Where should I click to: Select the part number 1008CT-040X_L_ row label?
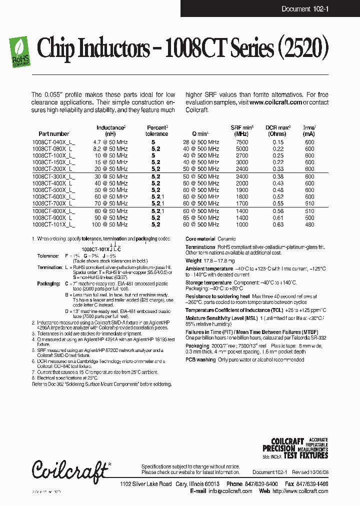54,142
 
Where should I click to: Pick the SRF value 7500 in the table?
241,142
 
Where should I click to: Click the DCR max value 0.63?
277,224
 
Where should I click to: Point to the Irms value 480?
309,224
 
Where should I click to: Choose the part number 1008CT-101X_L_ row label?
54,224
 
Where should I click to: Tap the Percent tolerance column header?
156,131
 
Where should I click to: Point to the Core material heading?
200,239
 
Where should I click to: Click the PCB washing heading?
200,359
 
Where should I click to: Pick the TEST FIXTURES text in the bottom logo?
306,455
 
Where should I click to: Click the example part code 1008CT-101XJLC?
101,248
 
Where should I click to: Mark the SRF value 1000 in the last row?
241,224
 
